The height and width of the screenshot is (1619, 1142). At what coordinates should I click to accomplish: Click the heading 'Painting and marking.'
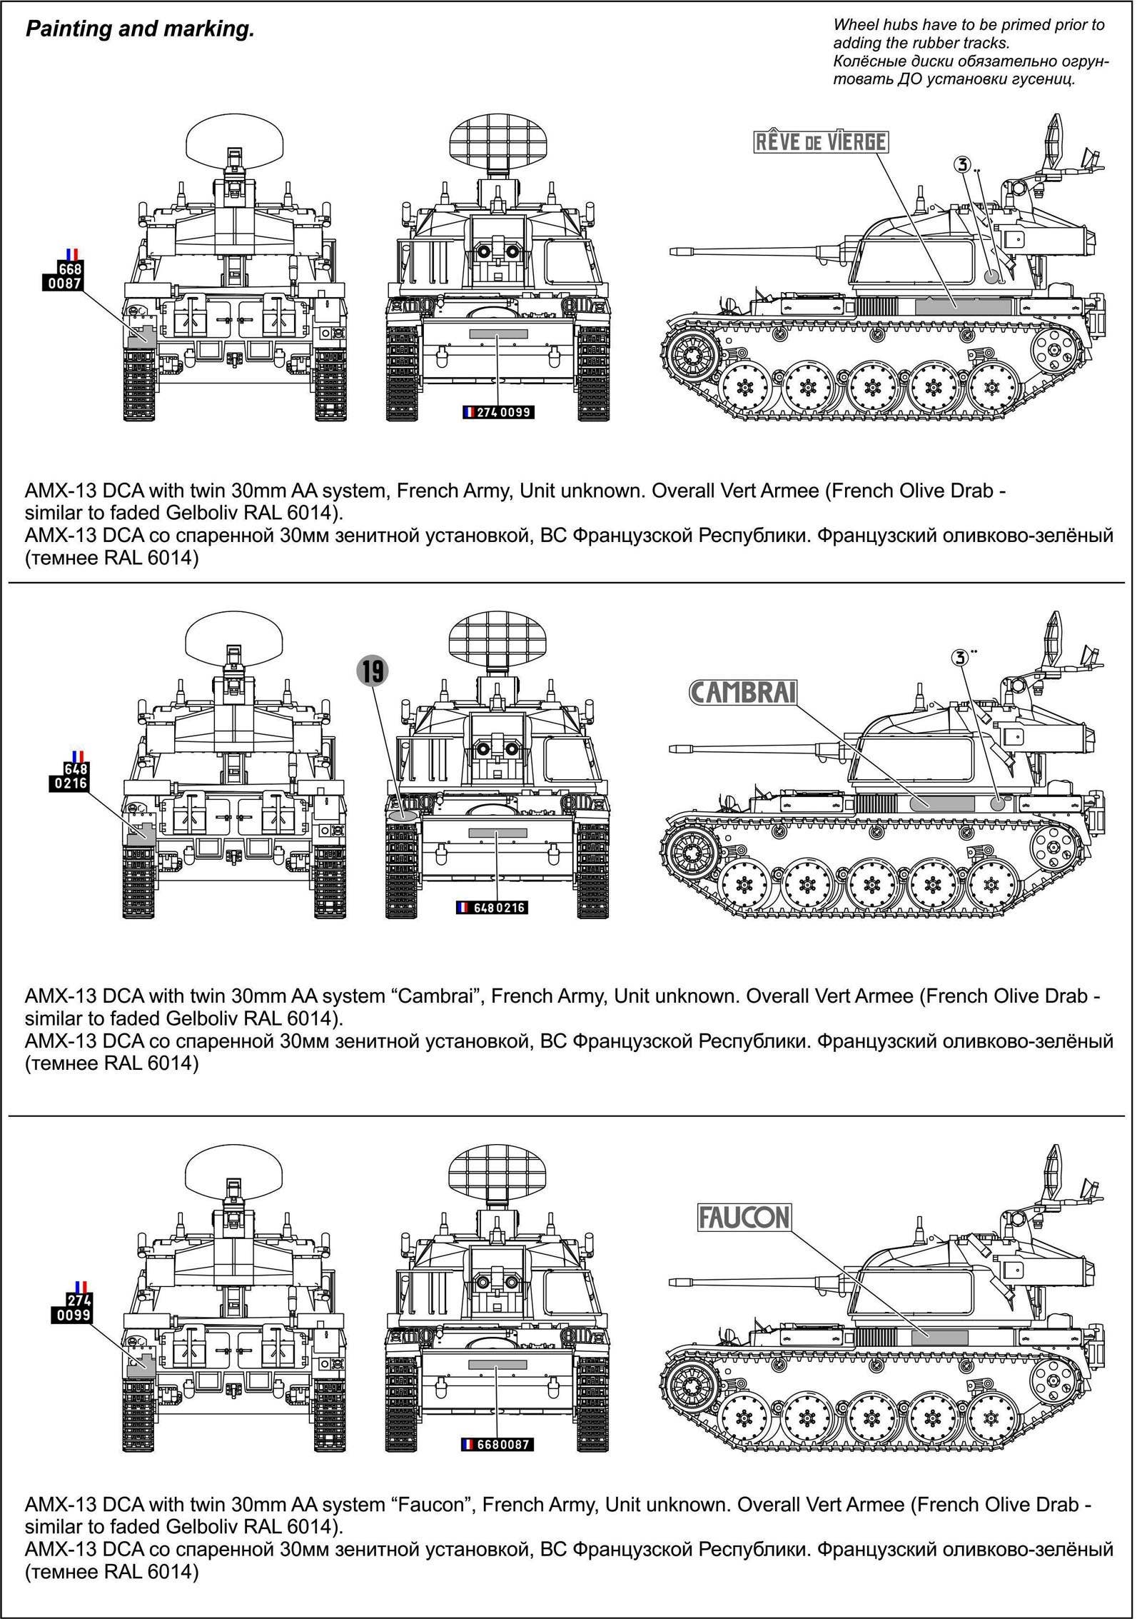click(140, 29)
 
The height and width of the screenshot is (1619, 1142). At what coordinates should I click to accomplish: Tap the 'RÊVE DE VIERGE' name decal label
click(821, 142)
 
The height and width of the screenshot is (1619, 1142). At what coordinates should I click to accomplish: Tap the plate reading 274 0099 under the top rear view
click(497, 412)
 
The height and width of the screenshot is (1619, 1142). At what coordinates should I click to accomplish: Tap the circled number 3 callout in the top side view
click(962, 165)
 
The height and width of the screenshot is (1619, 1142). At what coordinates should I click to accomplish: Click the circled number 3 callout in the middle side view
click(961, 657)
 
